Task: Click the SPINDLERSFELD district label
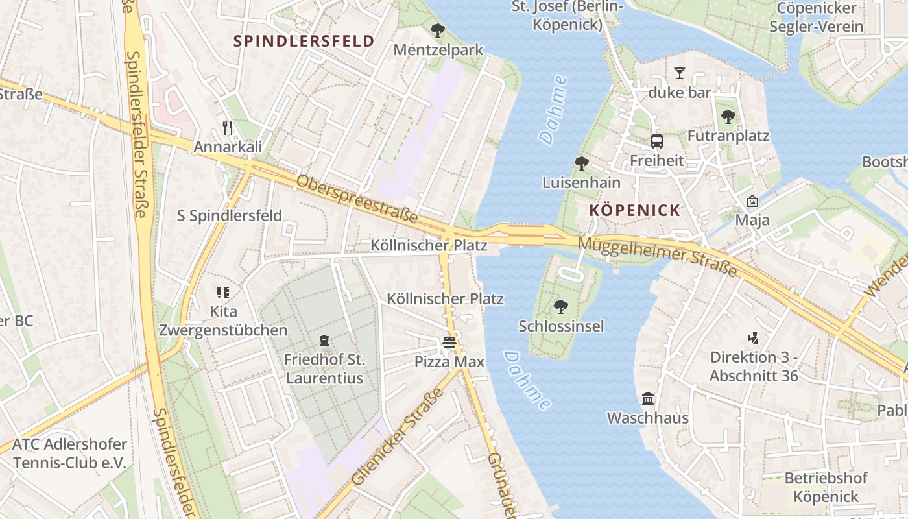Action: click(304, 41)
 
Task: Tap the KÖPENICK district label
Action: click(635, 210)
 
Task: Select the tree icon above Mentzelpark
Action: click(438, 30)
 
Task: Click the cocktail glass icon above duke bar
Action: click(680, 73)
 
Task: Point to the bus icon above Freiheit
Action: click(656, 141)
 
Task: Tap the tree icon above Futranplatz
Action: click(728, 117)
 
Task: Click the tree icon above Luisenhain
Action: click(581, 163)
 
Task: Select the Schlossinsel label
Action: click(561, 326)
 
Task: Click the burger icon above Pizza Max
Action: click(449, 342)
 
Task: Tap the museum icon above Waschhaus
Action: click(647, 398)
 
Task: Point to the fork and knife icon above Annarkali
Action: click(227, 127)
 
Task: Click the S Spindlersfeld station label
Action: click(230, 215)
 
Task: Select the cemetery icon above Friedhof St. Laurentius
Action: click(324, 340)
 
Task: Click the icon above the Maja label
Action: click(752, 202)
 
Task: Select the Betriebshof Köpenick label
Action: click(826, 487)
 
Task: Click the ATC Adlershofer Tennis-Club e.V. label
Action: click(69, 453)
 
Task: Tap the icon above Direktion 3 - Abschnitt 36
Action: click(753, 337)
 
